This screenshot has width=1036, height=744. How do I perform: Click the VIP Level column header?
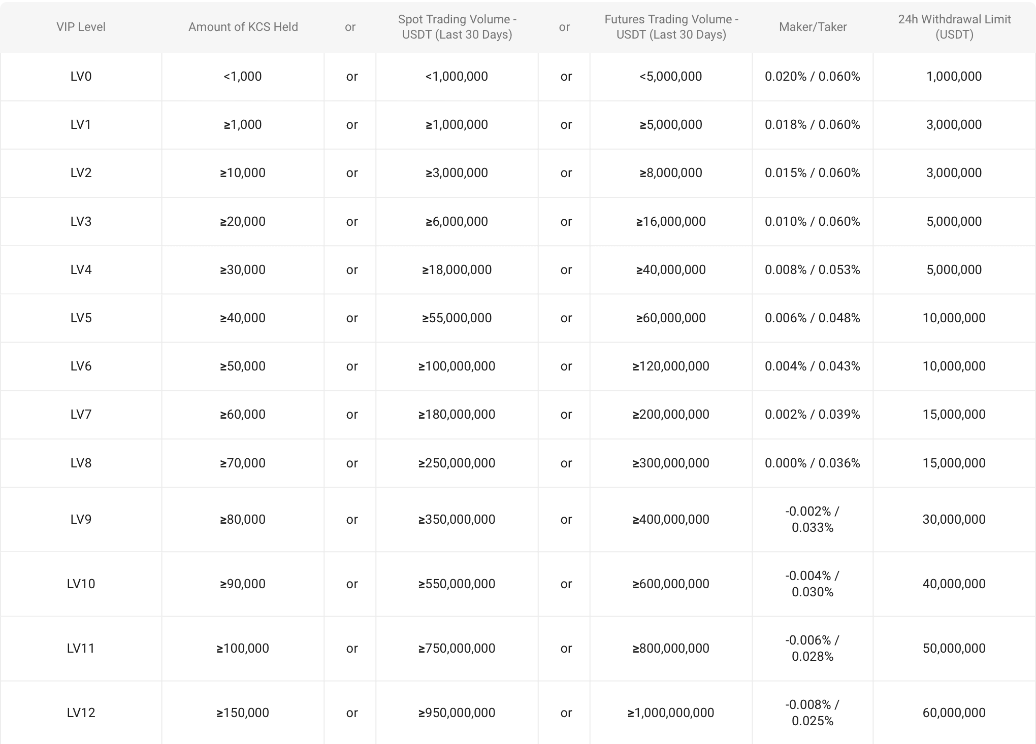[81, 27]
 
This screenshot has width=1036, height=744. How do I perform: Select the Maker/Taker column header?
[813, 27]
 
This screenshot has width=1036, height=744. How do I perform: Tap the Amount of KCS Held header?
[243, 27]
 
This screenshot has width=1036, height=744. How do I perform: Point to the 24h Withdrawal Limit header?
[954, 27]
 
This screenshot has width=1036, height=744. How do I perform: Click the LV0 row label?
[81, 76]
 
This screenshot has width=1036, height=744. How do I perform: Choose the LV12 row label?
[81, 713]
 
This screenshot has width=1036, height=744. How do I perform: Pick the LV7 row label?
[81, 414]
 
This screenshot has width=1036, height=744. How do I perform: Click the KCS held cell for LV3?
[243, 221]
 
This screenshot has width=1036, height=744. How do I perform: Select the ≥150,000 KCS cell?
[243, 713]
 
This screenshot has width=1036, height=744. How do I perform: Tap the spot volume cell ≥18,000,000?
[457, 269]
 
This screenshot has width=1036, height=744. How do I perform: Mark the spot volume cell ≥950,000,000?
[457, 713]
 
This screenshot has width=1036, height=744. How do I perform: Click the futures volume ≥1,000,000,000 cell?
[670, 713]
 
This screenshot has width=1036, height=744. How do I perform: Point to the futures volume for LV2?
[670, 173]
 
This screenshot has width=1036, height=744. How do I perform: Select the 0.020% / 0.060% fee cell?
[812, 76]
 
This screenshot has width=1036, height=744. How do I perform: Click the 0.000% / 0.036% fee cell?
[812, 463]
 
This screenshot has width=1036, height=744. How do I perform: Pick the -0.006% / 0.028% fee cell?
[812, 648]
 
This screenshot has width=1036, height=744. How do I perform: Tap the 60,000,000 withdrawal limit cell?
[954, 713]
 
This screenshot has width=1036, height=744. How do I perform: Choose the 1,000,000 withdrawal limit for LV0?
[954, 76]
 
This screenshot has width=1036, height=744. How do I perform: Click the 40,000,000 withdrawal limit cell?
[954, 584]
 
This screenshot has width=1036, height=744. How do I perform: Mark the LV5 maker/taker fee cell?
[812, 318]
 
